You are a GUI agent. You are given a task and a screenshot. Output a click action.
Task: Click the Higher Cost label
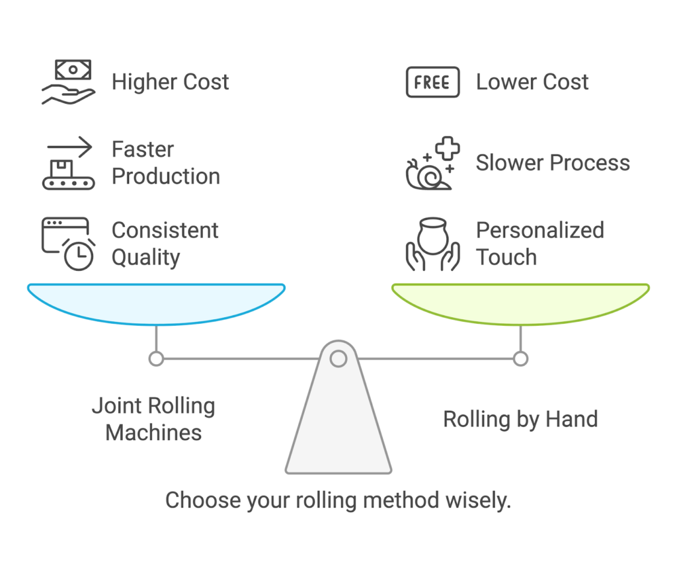click(170, 82)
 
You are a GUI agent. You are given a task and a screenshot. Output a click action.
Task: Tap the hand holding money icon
click(68, 82)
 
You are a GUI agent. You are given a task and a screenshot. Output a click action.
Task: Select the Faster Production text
click(165, 163)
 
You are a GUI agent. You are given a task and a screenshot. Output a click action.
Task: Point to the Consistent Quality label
click(165, 243)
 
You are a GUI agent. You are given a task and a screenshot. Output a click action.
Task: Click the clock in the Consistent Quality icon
click(79, 255)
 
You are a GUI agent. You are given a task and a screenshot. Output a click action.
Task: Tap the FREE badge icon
click(432, 82)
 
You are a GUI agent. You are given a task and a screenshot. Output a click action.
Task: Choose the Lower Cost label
click(532, 82)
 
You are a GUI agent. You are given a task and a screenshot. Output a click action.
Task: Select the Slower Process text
click(553, 163)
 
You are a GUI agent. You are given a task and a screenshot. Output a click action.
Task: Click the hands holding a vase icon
click(432, 243)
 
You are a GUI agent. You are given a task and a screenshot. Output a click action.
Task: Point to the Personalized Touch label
click(539, 243)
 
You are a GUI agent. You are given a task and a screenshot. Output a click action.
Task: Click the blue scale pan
click(156, 303)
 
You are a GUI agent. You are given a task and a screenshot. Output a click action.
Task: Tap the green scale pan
click(520, 303)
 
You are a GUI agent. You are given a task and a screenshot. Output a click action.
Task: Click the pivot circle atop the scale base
click(338, 359)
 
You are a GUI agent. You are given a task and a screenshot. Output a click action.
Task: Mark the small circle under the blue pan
click(156, 359)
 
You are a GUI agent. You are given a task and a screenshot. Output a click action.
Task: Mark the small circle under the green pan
click(520, 359)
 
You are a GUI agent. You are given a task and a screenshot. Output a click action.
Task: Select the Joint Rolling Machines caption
click(153, 419)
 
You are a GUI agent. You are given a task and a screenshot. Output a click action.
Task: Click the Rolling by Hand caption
click(520, 419)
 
